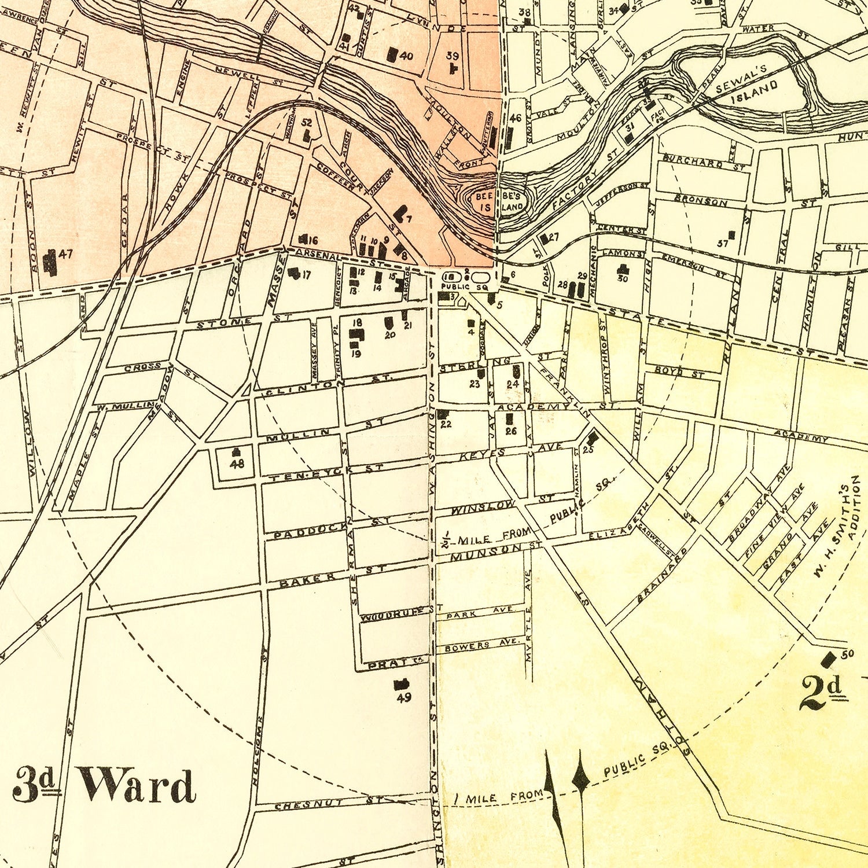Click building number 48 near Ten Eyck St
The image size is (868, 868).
236,453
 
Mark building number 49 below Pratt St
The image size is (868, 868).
400,685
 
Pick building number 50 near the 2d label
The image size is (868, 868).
829,659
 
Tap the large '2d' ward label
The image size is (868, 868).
821,693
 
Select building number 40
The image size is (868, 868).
392,54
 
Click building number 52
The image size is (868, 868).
306,135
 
